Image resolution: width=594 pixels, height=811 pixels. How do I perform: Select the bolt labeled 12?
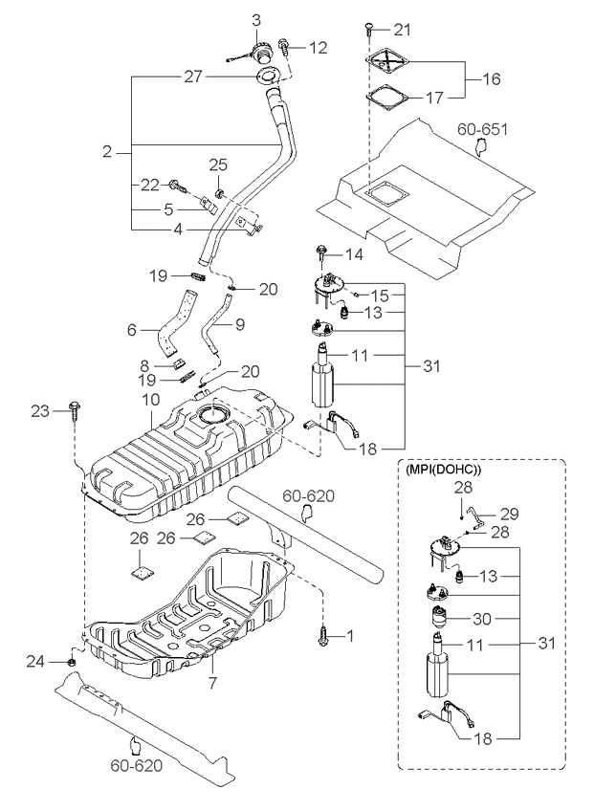285,44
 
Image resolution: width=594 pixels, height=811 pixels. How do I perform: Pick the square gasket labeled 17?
388,97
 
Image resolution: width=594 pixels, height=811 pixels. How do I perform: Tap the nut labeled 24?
74,661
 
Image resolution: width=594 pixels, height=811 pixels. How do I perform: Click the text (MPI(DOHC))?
444,471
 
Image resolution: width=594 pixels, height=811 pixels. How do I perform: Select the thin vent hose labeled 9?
219,330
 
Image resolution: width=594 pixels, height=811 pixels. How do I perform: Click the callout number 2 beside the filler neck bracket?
107,150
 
